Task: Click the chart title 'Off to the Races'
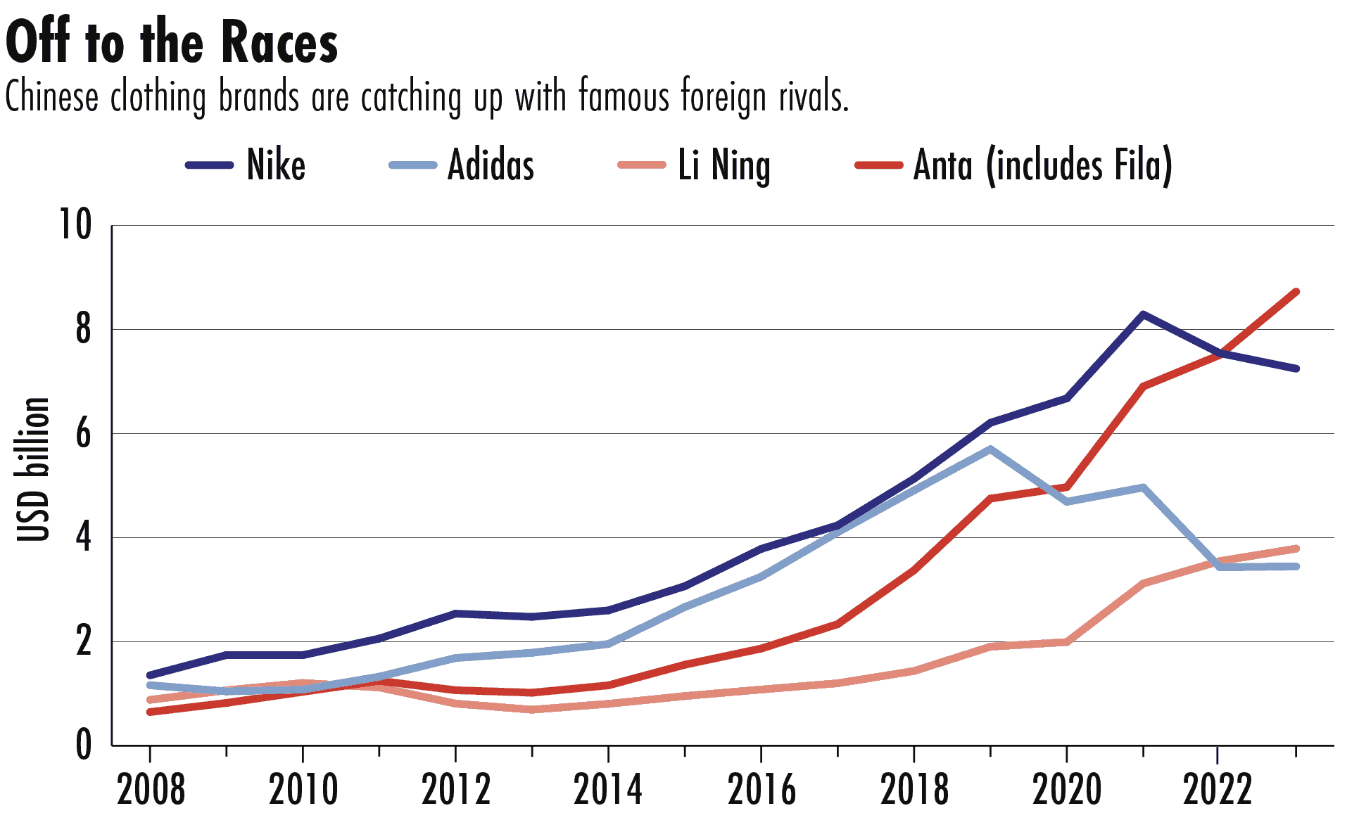tap(172, 42)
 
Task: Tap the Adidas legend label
tap(491, 166)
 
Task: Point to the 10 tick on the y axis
tap(75, 226)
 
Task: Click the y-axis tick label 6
tap(83, 433)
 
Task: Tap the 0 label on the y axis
tap(83, 745)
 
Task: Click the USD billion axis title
tap(34, 470)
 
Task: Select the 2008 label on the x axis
tap(151, 789)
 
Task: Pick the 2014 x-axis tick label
tap(608, 789)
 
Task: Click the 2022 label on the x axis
tap(1218, 789)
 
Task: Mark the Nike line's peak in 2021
tap(1143, 314)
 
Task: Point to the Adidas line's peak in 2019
tap(990, 449)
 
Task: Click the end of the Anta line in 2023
tap(1296, 292)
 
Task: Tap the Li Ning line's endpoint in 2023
tap(1296, 549)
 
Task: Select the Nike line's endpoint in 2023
tap(1296, 369)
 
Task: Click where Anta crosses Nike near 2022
tap(1223, 353)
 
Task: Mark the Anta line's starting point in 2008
tap(150, 712)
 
